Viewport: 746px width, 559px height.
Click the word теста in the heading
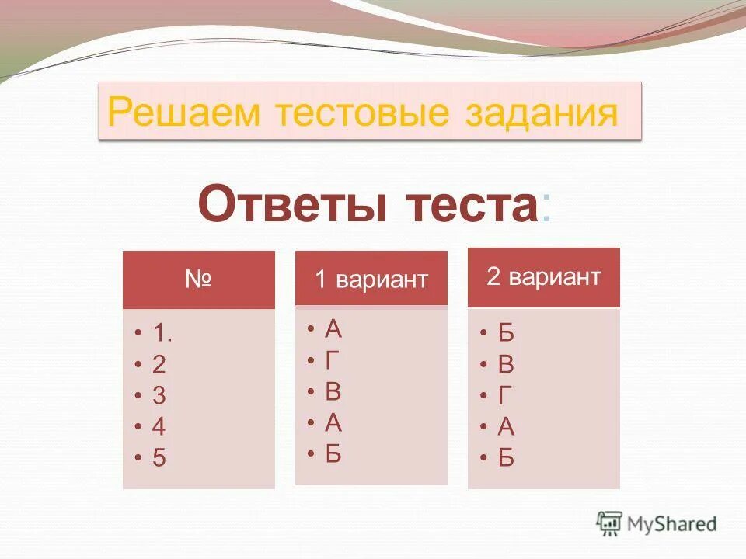pos(471,204)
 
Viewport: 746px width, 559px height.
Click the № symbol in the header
pos(198,279)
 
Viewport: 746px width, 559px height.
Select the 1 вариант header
pos(371,279)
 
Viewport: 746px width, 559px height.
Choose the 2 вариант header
pos(543,277)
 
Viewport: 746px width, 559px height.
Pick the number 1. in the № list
pos(162,334)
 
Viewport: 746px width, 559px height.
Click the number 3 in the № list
pos(159,396)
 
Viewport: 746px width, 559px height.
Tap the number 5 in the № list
pos(159,458)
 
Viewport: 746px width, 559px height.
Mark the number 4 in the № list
pos(159,427)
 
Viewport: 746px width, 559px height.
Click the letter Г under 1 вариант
pos(333,360)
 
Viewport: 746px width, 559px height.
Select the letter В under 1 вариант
pos(333,391)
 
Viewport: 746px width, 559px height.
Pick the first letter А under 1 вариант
pos(333,329)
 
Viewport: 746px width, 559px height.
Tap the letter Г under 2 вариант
pos(505,396)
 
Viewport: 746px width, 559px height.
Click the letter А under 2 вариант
pos(506,427)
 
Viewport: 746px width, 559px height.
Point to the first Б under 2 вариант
pos(506,334)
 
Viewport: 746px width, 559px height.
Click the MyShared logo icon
pos(609,523)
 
